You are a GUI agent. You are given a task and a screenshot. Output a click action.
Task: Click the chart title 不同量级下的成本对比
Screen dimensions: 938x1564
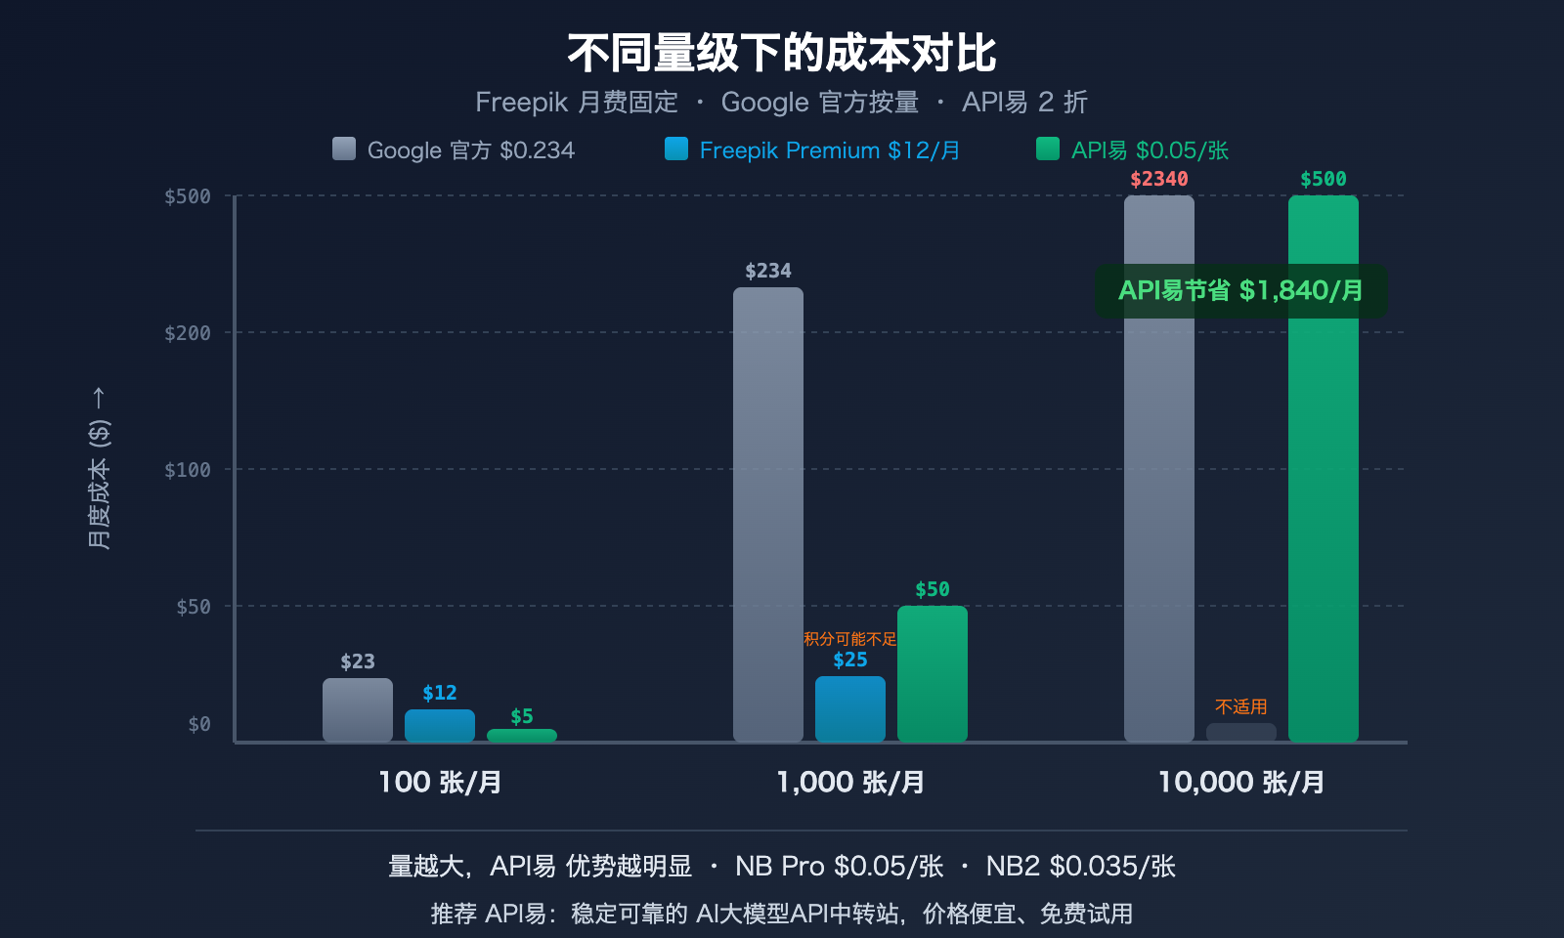pyautogui.click(x=781, y=53)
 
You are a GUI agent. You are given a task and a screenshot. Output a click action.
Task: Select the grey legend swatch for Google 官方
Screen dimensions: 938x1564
pyautogui.click(x=344, y=149)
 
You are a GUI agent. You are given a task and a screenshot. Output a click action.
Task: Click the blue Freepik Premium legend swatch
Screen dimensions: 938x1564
pyautogui.click(x=676, y=149)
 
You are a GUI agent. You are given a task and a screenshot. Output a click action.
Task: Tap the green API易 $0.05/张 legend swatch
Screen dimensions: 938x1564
pyautogui.click(x=1048, y=149)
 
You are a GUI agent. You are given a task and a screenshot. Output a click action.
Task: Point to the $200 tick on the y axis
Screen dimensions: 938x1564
pyautogui.click(x=188, y=333)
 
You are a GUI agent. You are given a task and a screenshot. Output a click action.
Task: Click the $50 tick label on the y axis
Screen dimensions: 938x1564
pyautogui.click(x=194, y=607)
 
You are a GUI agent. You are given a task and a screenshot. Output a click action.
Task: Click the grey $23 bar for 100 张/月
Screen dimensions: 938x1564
pyautogui.click(x=358, y=710)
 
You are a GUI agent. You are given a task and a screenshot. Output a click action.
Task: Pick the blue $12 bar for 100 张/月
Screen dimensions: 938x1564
pyautogui.click(x=440, y=726)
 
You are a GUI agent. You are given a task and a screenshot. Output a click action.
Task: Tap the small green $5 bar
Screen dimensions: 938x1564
pyautogui.click(x=522, y=736)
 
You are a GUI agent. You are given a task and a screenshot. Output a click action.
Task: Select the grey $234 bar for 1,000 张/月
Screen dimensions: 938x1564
pyautogui.click(x=768, y=515)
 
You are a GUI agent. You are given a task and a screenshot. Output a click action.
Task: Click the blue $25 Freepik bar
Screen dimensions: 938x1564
pyautogui.click(x=850, y=709)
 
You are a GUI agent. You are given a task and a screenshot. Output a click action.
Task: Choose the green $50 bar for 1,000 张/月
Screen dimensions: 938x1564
pyautogui.click(x=933, y=674)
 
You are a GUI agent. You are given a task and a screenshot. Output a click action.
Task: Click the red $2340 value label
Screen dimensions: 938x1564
pyautogui.click(x=1159, y=179)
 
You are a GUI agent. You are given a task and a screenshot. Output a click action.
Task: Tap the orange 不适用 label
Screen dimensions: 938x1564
pyautogui.click(x=1241, y=706)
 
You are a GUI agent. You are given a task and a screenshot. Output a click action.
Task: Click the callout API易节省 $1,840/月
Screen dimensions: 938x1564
pyautogui.click(x=1240, y=290)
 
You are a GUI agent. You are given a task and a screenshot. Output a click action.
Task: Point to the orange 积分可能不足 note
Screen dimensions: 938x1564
pyautogui.click(x=849, y=639)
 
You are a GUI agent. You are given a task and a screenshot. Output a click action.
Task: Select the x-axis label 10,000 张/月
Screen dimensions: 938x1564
pyautogui.click(x=1241, y=782)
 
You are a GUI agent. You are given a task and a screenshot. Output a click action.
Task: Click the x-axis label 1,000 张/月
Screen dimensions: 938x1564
pyautogui.click(x=850, y=782)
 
